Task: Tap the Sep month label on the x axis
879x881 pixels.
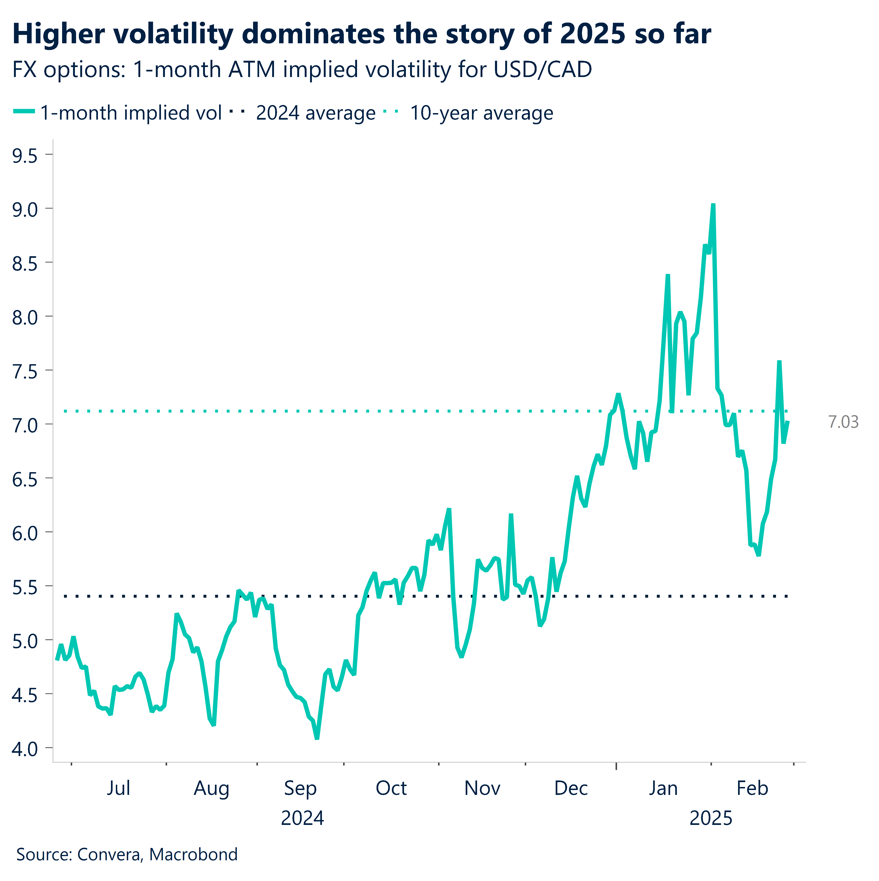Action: tap(300, 788)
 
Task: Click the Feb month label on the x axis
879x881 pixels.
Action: tap(752, 788)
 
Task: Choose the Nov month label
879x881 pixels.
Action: tap(482, 788)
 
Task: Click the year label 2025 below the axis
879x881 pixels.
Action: tap(710, 819)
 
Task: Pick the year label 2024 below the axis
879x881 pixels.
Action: tap(302, 819)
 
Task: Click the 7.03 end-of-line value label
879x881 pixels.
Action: tap(842, 422)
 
